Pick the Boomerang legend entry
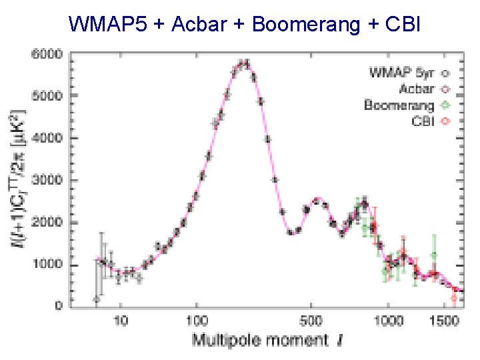tap(399, 105)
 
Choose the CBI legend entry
tap(423, 121)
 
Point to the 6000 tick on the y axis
tap(49, 53)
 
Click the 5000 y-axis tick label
tap(49, 95)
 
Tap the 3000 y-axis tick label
tap(49, 180)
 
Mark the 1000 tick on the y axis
tap(49, 265)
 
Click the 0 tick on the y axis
tap(58, 307)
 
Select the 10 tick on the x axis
tap(121, 320)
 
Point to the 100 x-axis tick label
tap(196, 320)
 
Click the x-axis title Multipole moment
tap(261, 340)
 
